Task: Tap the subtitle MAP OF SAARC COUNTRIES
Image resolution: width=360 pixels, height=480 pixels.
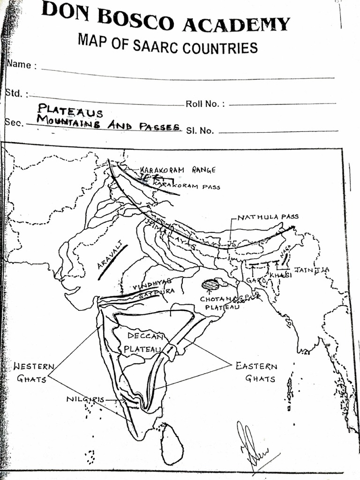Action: tap(167, 46)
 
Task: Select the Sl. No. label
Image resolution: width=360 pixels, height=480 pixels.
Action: tap(200, 131)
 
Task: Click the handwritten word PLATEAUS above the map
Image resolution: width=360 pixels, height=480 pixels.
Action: tap(70, 111)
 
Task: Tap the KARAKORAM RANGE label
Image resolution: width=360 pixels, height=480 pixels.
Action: tap(178, 170)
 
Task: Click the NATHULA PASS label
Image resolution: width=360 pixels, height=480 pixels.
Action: tap(268, 217)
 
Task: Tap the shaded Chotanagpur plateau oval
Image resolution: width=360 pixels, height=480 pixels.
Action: tap(210, 285)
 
